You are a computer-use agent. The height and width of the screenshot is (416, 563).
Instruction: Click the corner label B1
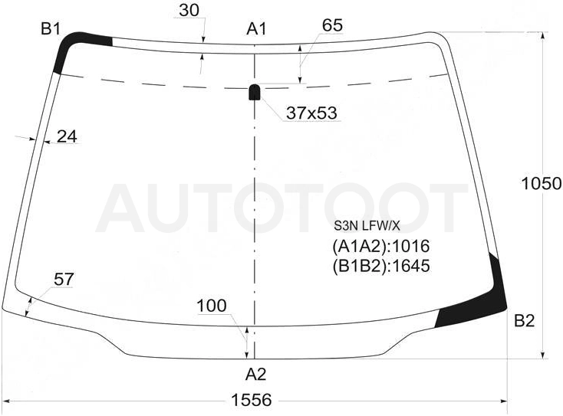tap(51, 28)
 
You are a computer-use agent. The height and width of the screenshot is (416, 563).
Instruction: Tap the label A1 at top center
tap(257, 29)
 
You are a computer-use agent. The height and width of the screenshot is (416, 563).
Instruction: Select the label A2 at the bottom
tap(256, 375)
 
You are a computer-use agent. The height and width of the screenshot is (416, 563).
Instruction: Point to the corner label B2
tap(525, 321)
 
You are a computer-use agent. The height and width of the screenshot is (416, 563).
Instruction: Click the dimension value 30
tap(189, 11)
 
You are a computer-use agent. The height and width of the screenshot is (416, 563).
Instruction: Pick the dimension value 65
tap(332, 25)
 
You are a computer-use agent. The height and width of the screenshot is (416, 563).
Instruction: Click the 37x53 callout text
tap(311, 113)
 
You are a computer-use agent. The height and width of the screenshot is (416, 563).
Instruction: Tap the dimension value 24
tap(67, 136)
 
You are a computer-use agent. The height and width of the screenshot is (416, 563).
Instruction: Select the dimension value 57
tap(64, 280)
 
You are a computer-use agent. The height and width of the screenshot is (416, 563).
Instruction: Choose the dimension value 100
tap(212, 306)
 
